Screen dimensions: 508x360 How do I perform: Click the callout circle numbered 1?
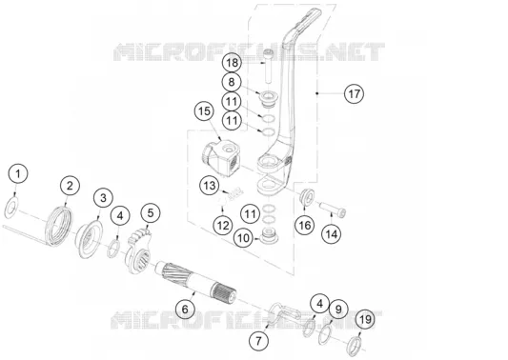(18, 173)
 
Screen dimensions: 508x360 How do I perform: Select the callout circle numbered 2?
(70, 186)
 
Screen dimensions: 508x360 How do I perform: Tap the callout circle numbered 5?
(151, 212)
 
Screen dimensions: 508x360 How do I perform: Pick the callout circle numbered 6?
(185, 309)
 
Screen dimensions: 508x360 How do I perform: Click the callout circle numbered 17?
(355, 94)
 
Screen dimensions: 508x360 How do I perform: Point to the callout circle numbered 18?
(232, 63)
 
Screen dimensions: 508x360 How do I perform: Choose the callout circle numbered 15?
(204, 111)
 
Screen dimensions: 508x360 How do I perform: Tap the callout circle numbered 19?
(365, 320)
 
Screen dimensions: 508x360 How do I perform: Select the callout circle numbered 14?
(332, 233)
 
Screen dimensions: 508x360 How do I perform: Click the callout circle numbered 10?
(244, 238)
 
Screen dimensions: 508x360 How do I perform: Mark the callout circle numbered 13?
(210, 186)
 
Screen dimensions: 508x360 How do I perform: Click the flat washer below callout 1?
(10, 208)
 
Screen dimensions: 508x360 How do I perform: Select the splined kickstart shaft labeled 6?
(196, 282)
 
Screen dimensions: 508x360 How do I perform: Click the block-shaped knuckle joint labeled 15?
(220, 158)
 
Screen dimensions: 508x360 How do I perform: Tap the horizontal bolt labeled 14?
(333, 209)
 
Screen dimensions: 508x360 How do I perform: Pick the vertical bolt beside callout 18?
(268, 66)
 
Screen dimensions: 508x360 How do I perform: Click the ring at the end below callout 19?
(355, 345)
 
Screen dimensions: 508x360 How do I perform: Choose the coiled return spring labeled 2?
(60, 225)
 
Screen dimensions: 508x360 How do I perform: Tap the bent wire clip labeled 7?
(283, 311)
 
